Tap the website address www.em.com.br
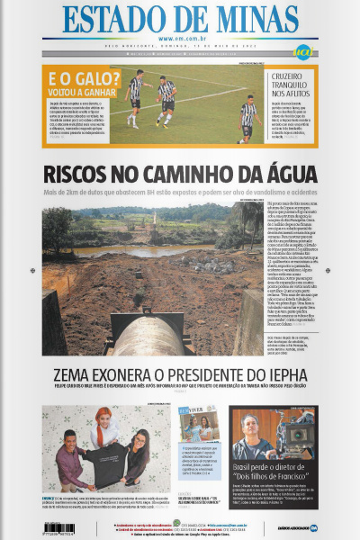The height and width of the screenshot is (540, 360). [x=180, y=40]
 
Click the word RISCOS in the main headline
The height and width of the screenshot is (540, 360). [x=82, y=175]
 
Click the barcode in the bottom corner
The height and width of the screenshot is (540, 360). [x=63, y=526]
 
